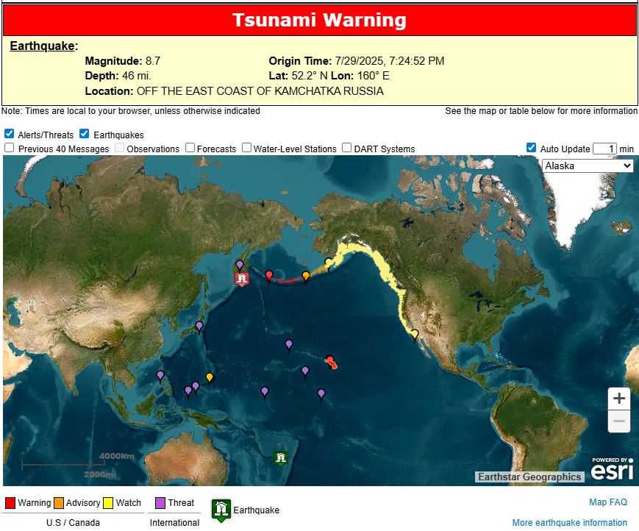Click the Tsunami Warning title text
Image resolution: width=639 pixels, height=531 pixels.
[319, 20]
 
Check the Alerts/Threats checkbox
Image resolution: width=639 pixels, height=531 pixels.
[9, 134]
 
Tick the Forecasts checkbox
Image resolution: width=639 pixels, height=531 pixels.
[190, 148]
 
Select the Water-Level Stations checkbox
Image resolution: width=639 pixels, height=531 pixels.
[247, 148]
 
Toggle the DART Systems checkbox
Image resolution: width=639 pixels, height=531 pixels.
[347, 148]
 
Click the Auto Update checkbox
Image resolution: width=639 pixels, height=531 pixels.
[532, 148]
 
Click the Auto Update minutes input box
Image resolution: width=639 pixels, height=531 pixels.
[604, 149]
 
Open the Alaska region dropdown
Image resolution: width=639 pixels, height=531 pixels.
[588, 165]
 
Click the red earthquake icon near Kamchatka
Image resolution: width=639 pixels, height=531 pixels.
[242, 278]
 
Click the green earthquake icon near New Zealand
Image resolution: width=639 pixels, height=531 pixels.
[280, 458]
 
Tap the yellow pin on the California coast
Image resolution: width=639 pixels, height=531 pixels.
[415, 335]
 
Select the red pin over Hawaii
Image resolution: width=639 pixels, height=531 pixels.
[329, 360]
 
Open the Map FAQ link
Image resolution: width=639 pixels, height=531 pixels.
[608, 502]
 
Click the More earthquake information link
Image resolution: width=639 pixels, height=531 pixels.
[570, 523]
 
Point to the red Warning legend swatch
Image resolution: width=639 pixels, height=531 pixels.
[10, 503]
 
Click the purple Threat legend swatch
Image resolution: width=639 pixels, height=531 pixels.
[161, 503]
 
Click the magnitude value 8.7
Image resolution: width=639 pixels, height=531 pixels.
[152, 61]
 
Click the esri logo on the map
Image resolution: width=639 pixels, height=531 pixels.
[612, 468]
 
